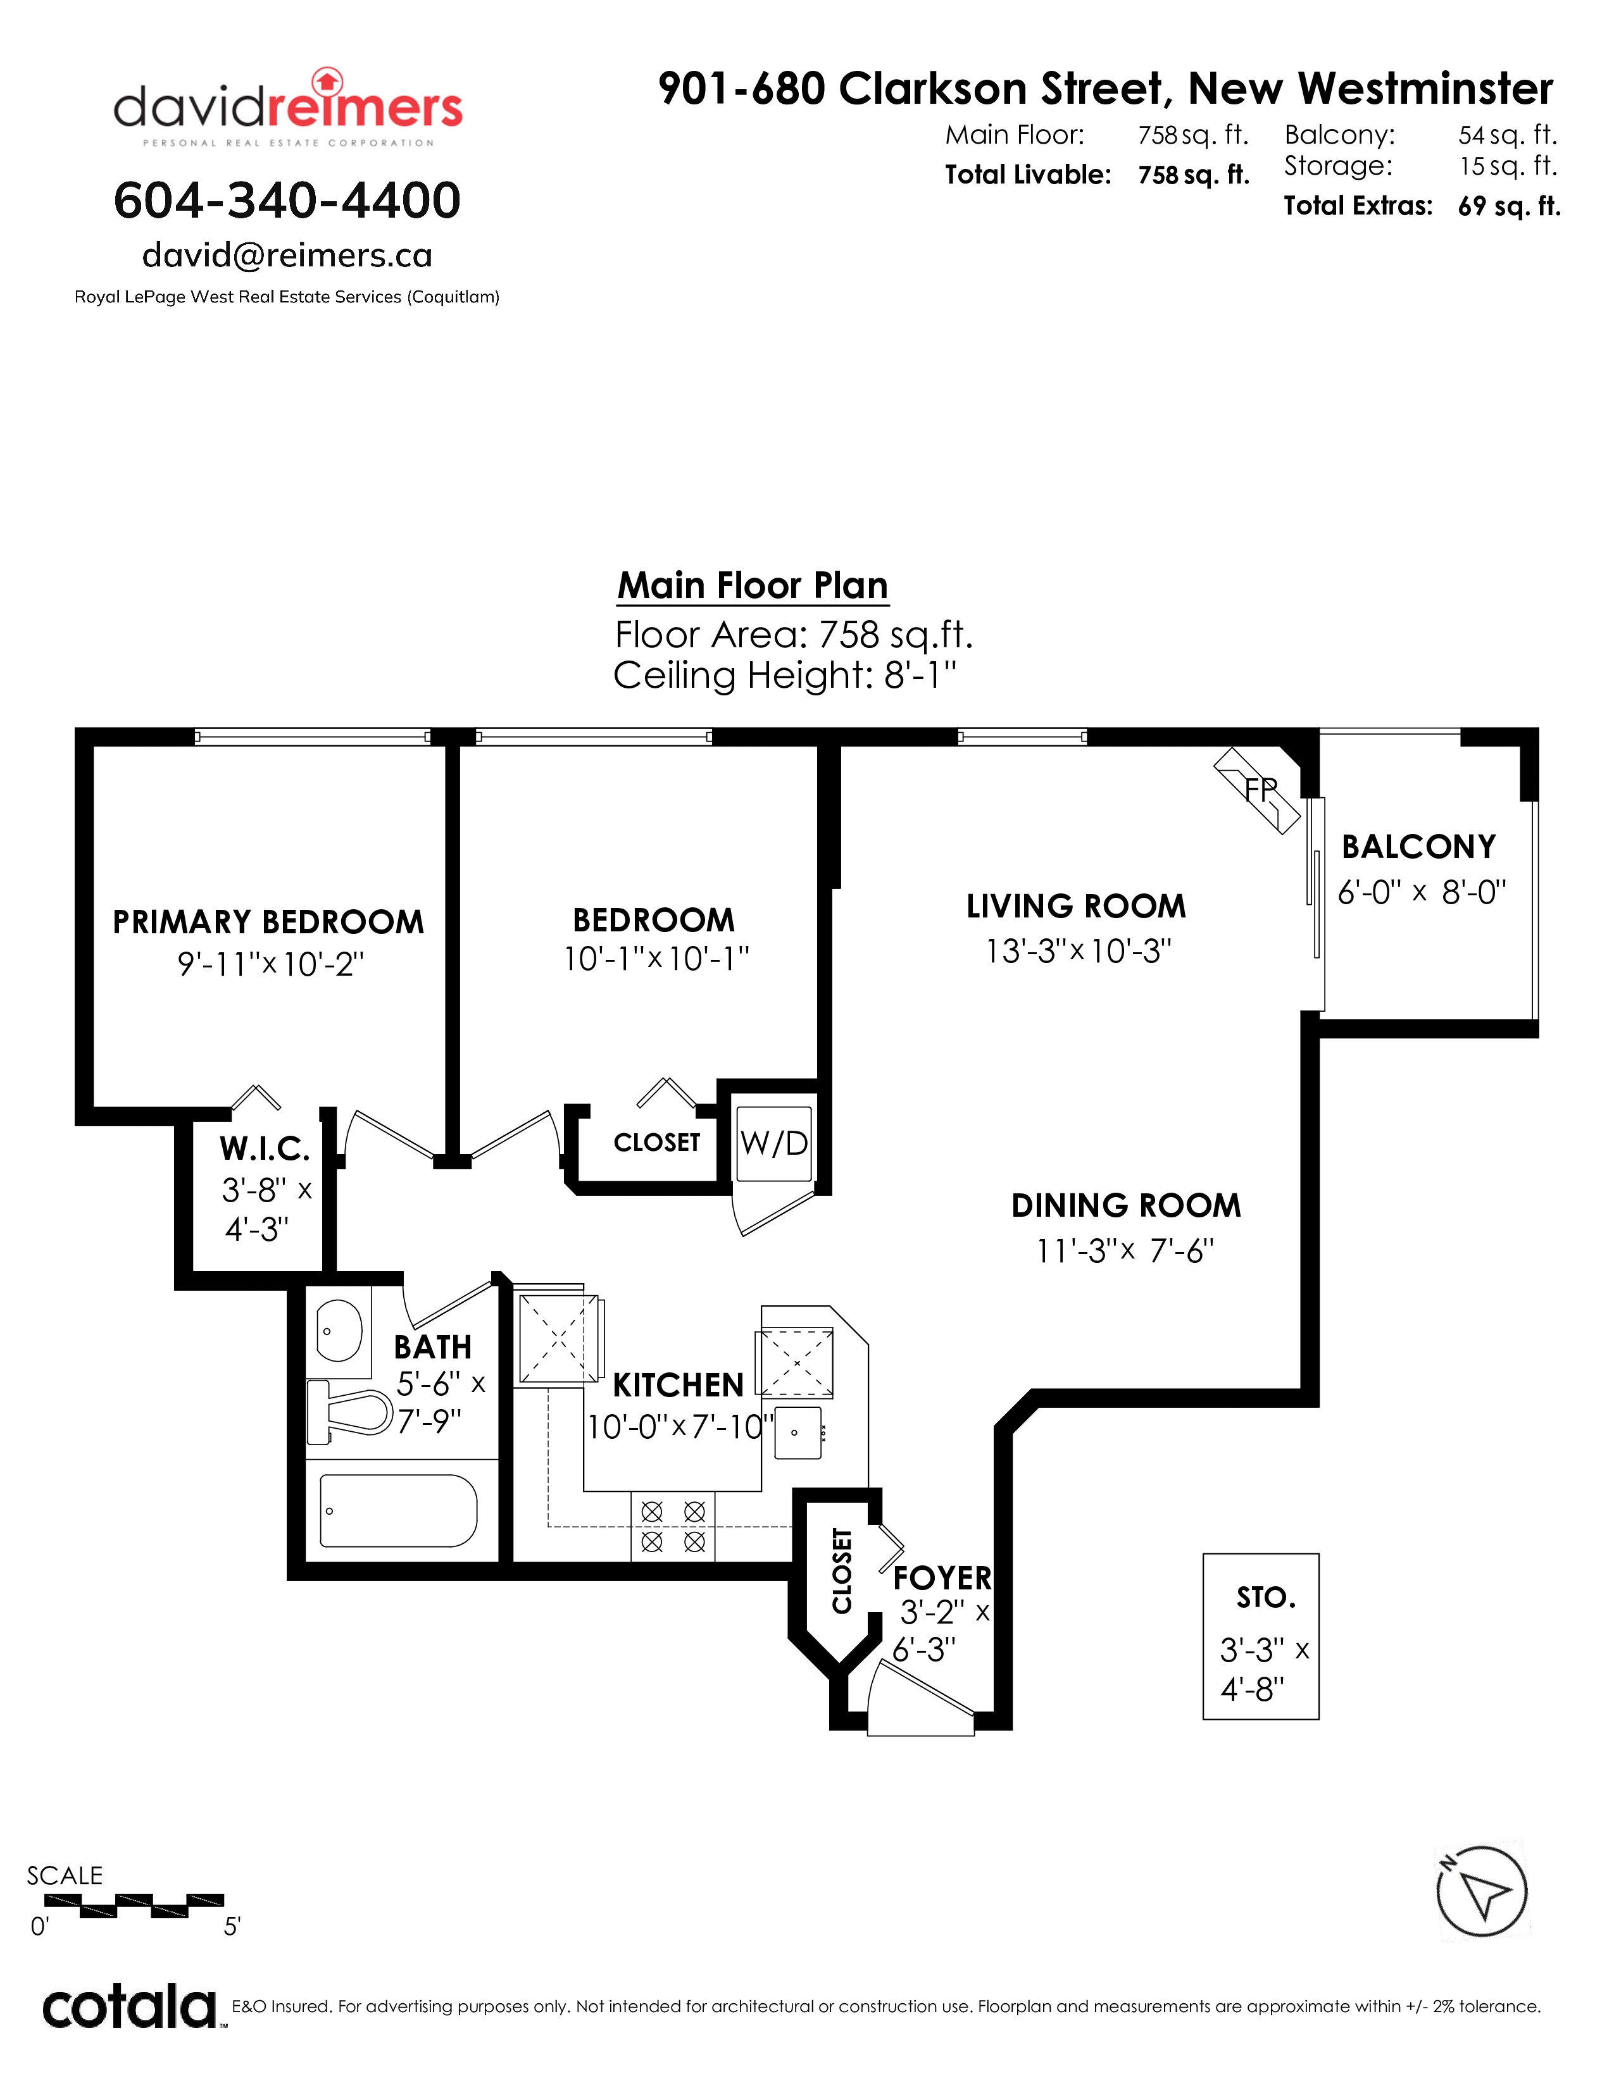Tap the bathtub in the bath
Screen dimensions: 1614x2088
click(x=397, y=1510)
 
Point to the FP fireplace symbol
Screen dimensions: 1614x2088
click(x=1258, y=791)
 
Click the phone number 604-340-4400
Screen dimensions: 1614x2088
click(x=287, y=201)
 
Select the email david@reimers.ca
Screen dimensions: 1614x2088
click(x=287, y=255)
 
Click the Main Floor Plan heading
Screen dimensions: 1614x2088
click(x=753, y=585)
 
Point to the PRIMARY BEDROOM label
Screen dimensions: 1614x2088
click(x=268, y=922)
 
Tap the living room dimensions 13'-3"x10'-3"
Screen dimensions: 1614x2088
click(x=1079, y=951)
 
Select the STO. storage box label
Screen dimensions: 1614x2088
click(x=1266, y=1598)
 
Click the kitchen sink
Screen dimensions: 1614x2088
click(x=798, y=1432)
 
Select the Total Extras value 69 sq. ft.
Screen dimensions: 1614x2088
click(x=1509, y=206)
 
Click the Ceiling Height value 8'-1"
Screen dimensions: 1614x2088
click(x=920, y=675)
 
